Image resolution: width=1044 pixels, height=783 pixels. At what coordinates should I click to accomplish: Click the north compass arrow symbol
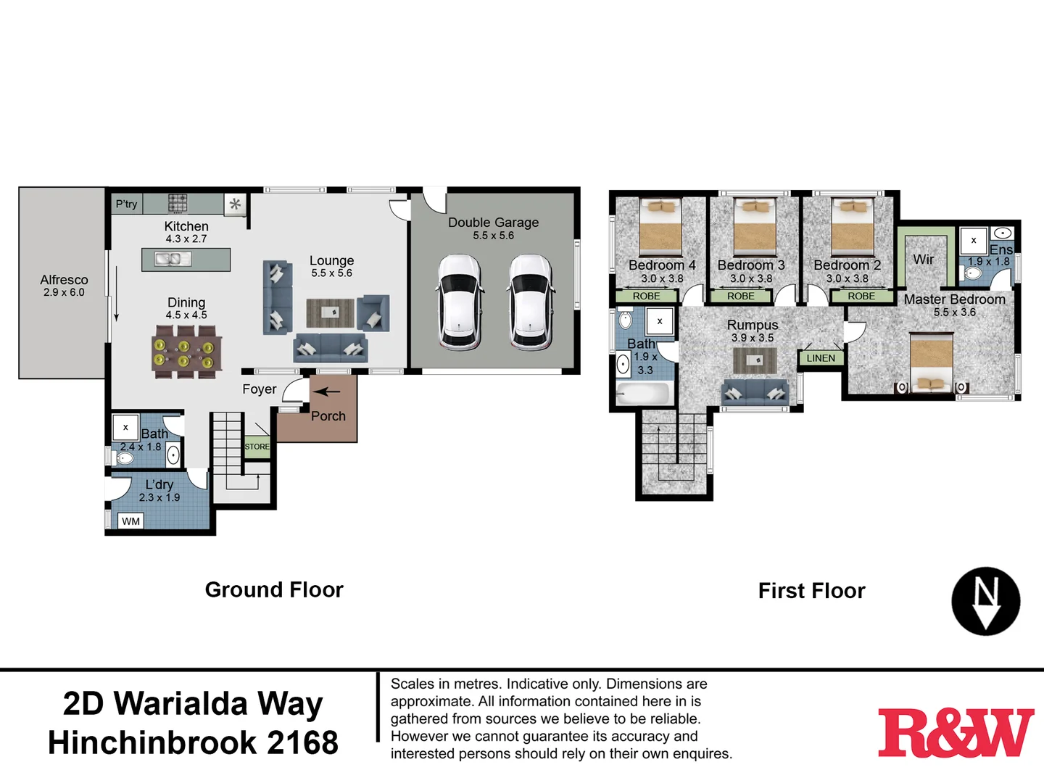[985, 602]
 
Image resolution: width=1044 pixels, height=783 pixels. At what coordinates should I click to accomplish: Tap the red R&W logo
[956, 733]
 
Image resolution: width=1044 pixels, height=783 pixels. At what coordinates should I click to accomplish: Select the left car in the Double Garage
[460, 302]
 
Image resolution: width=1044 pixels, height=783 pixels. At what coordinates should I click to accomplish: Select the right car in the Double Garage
[531, 302]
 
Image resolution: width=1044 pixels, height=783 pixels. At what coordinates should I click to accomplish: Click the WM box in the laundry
[131, 521]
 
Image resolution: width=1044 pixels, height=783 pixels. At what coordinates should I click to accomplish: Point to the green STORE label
[257, 447]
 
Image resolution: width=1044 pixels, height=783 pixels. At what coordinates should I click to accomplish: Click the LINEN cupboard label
[821, 358]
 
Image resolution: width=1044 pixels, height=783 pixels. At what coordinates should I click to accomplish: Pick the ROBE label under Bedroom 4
[646, 296]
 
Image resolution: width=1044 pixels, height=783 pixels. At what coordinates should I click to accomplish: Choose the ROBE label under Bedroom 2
[861, 296]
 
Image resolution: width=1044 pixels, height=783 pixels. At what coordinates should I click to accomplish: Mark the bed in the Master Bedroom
[931, 362]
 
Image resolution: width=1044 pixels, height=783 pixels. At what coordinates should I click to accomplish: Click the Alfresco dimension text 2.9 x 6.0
[64, 293]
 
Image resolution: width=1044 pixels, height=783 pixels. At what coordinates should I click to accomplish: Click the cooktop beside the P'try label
[178, 203]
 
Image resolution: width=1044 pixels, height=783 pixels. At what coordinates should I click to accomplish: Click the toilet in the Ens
[972, 273]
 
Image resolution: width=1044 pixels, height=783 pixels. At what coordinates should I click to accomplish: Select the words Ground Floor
[274, 590]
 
